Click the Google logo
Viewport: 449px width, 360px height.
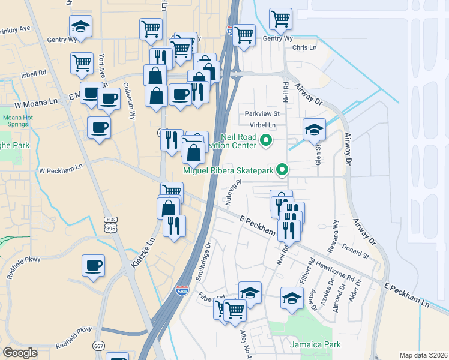point(20,353)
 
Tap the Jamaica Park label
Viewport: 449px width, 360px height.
point(315,344)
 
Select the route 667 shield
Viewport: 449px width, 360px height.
point(99,346)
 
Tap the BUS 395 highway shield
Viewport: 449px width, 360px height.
point(110,225)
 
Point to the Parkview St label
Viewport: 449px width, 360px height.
point(262,113)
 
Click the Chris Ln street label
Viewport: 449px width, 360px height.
point(304,47)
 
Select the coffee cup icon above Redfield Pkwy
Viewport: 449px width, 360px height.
point(93,265)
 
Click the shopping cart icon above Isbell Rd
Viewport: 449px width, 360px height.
point(81,62)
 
